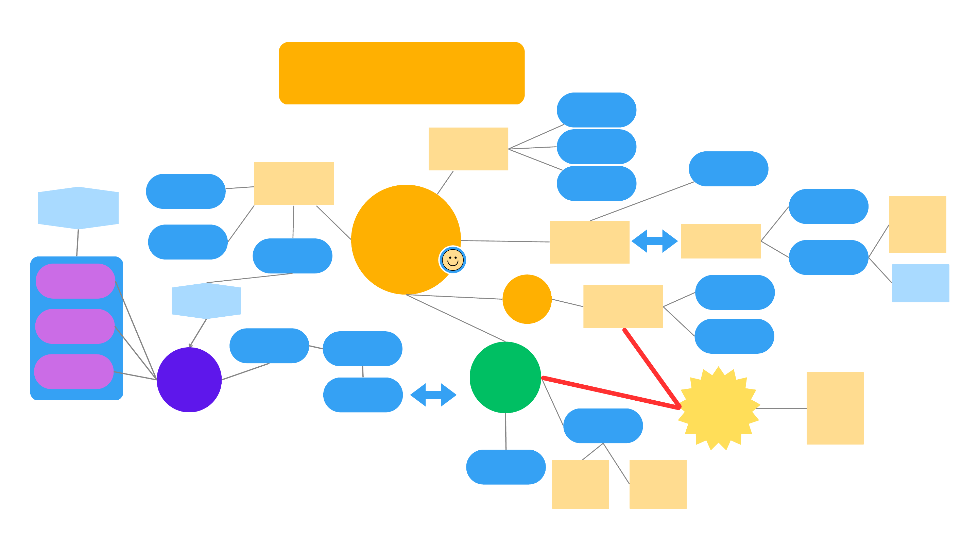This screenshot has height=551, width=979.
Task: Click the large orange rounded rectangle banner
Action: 401,73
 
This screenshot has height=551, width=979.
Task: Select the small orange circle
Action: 527,299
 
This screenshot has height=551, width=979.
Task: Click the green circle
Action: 505,377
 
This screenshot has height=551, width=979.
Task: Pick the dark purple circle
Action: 189,380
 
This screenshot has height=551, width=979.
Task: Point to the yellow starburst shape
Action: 718,408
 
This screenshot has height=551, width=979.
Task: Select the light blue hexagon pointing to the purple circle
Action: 206,301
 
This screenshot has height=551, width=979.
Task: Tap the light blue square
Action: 920,283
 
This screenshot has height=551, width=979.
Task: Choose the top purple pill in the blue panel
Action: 75,281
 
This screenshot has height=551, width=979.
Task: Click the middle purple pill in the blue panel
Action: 75,326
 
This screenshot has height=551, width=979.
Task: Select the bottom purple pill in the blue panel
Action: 74,371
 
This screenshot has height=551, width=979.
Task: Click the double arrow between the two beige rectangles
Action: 654,241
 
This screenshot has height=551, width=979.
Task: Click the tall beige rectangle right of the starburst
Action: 835,408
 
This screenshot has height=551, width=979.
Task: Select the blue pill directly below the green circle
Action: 506,467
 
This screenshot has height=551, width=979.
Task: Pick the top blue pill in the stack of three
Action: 596,110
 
